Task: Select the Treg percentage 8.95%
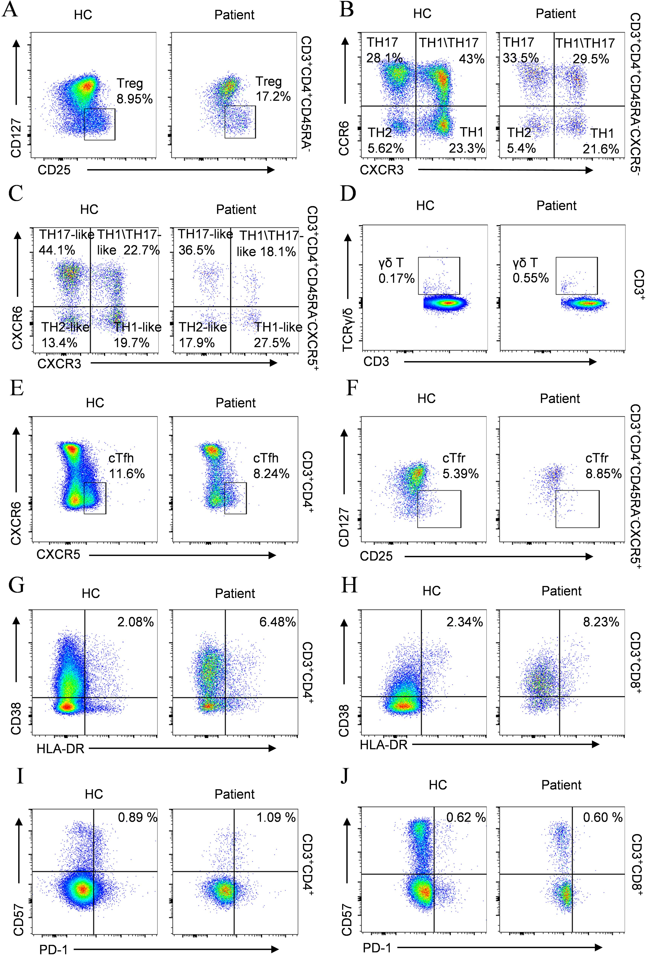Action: click(x=135, y=99)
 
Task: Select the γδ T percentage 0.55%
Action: click(x=531, y=278)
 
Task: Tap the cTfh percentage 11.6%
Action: click(x=127, y=474)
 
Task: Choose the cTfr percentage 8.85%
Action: click(x=603, y=474)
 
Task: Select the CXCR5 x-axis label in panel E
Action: click(x=58, y=555)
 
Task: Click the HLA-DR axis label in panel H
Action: click(x=384, y=745)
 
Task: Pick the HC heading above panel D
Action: click(x=425, y=205)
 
